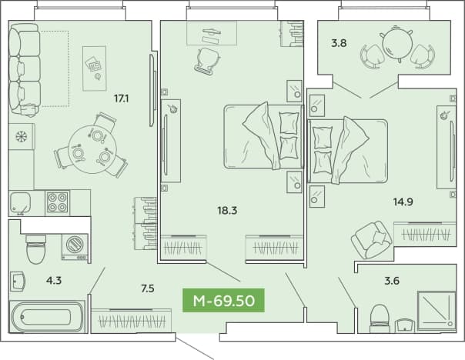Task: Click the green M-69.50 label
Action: [223, 301]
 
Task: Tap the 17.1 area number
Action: [122, 98]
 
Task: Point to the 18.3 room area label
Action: [227, 211]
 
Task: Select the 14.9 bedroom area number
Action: [403, 202]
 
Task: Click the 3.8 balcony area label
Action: [339, 43]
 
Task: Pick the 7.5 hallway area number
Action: [148, 288]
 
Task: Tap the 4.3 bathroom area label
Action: [54, 280]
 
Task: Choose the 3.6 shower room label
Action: [392, 280]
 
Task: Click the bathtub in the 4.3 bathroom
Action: [47, 317]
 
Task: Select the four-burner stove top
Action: [57, 202]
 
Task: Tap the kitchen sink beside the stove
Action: [20, 202]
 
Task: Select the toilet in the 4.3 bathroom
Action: [36, 249]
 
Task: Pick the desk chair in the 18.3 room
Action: [208, 60]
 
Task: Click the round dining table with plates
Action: [92, 149]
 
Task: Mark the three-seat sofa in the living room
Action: [25, 70]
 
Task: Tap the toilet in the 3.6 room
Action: [380, 318]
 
